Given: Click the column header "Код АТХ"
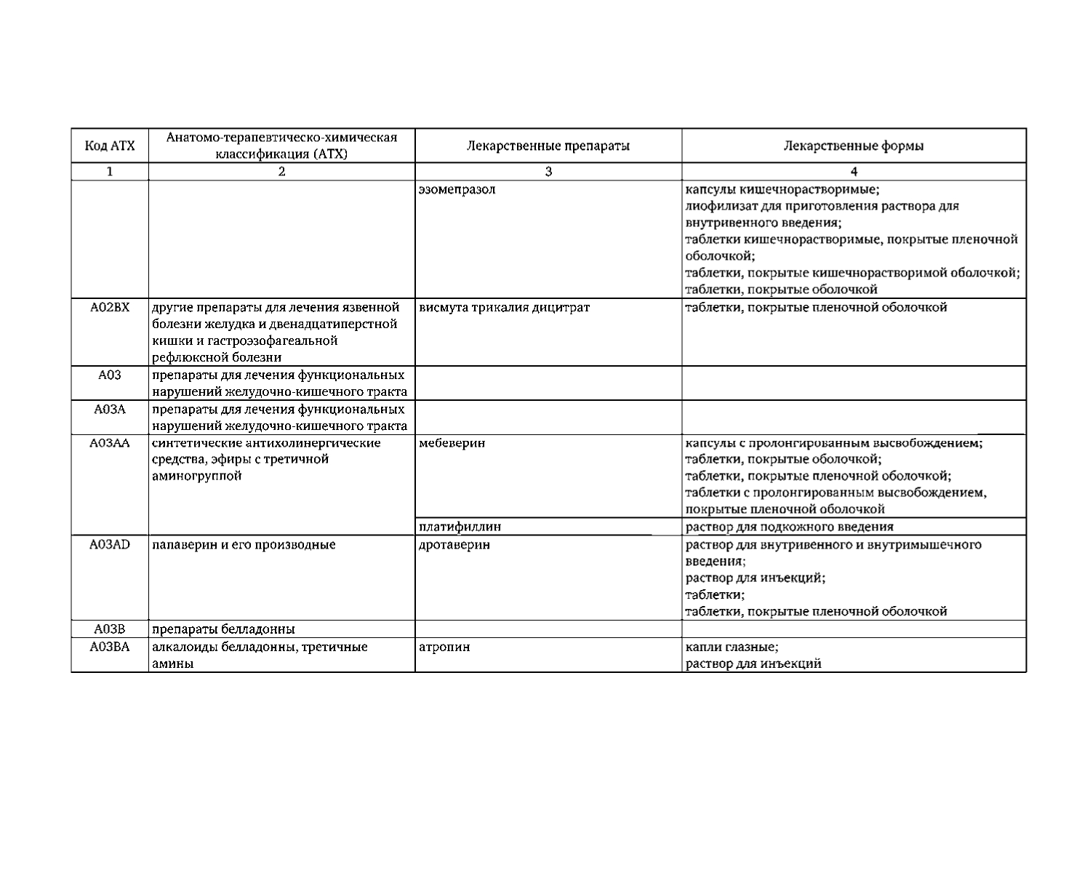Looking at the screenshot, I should point(110,145).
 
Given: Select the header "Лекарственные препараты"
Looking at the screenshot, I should point(548,145).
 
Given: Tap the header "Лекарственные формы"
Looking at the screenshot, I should point(854,145).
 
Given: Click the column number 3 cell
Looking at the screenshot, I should point(548,172).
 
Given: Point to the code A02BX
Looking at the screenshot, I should point(110,307).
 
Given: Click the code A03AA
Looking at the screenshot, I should point(110,442).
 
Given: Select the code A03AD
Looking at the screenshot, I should point(110,544).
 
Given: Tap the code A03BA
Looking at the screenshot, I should point(110,647).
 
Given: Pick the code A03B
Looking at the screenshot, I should point(110,629).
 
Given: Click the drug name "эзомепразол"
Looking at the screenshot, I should point(457,189).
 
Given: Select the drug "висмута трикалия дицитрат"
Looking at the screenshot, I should point(505,307).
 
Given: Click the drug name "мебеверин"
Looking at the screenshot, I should point(452,442).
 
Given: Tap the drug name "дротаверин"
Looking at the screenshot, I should point(454,544).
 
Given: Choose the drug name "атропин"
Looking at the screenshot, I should point(444,647).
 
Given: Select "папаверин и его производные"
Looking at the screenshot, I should point(244,544).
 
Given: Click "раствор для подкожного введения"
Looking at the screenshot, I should point(789,526).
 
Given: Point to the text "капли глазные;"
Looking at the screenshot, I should point(732,647).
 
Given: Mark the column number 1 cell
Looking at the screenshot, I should point(110,172).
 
